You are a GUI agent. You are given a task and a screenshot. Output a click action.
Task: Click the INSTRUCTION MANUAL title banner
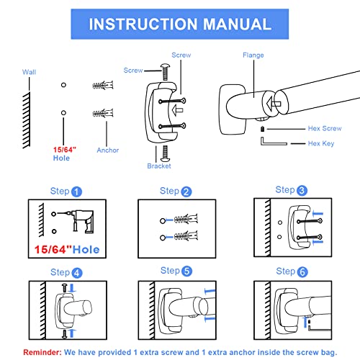[x=180, y=24]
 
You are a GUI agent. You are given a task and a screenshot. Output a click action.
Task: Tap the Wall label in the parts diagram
[x=29, y=72]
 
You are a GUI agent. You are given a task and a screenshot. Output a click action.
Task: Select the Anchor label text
[x=108, y=150]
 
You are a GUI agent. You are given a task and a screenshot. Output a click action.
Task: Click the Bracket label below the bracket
[x=159, y=166]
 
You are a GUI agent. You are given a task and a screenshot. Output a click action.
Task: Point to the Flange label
[x=253, y=55]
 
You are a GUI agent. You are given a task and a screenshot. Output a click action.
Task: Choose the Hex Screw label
[x=325, y=128]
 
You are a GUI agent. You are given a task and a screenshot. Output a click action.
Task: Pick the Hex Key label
[x=321, y=143]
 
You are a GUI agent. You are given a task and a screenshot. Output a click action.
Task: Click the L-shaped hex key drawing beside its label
[x=274, y=141]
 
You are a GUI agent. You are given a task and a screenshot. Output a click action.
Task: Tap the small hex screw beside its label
[x=263, y=129]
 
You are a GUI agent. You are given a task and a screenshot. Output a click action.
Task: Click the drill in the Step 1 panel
[x=81, y=220]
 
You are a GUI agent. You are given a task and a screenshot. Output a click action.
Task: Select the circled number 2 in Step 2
[x=186, y=192]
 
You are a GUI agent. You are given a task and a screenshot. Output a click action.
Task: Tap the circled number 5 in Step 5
[x=187, y=271]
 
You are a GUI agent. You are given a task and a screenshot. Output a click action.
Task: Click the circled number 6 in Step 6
[x=302, y=272]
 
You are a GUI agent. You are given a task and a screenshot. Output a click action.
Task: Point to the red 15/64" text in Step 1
[x=53, y=250]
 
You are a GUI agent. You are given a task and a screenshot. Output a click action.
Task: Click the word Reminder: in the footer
[x=42, y=352]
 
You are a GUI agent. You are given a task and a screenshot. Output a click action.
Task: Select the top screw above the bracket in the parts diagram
[x=166, y=72]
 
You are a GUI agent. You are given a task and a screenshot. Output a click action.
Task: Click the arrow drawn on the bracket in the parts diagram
[x=178, y=110]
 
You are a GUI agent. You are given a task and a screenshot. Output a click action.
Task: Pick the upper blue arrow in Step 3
[x=318, y=213]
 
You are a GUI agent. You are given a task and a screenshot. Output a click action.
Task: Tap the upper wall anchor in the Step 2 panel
[x=186, y=219]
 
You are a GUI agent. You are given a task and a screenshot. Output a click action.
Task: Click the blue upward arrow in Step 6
[x=305, y=322]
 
